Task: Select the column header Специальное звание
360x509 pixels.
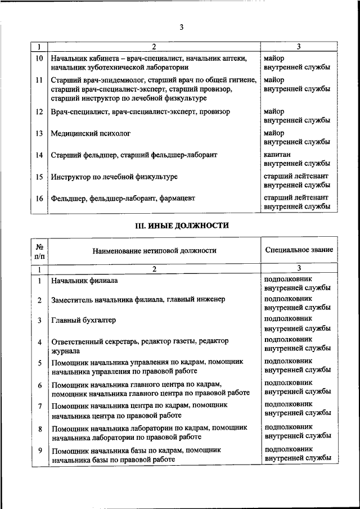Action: [x=299, y=250]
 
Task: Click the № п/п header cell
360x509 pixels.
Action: [x=40, y=251]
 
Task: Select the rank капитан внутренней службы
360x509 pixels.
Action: [x=297, y=159]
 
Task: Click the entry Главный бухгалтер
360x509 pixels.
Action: [x=83, y=320]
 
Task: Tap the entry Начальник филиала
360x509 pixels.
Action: [x=84, y=280]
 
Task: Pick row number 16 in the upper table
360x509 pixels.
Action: [x=39, y=198]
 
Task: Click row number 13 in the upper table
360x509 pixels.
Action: [x=39, y=133]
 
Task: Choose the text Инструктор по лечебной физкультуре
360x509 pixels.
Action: [x=114, y=177]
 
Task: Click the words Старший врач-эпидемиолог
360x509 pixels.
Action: [x=92, y=80]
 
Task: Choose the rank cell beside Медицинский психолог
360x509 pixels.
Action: [x=297, y=138]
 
